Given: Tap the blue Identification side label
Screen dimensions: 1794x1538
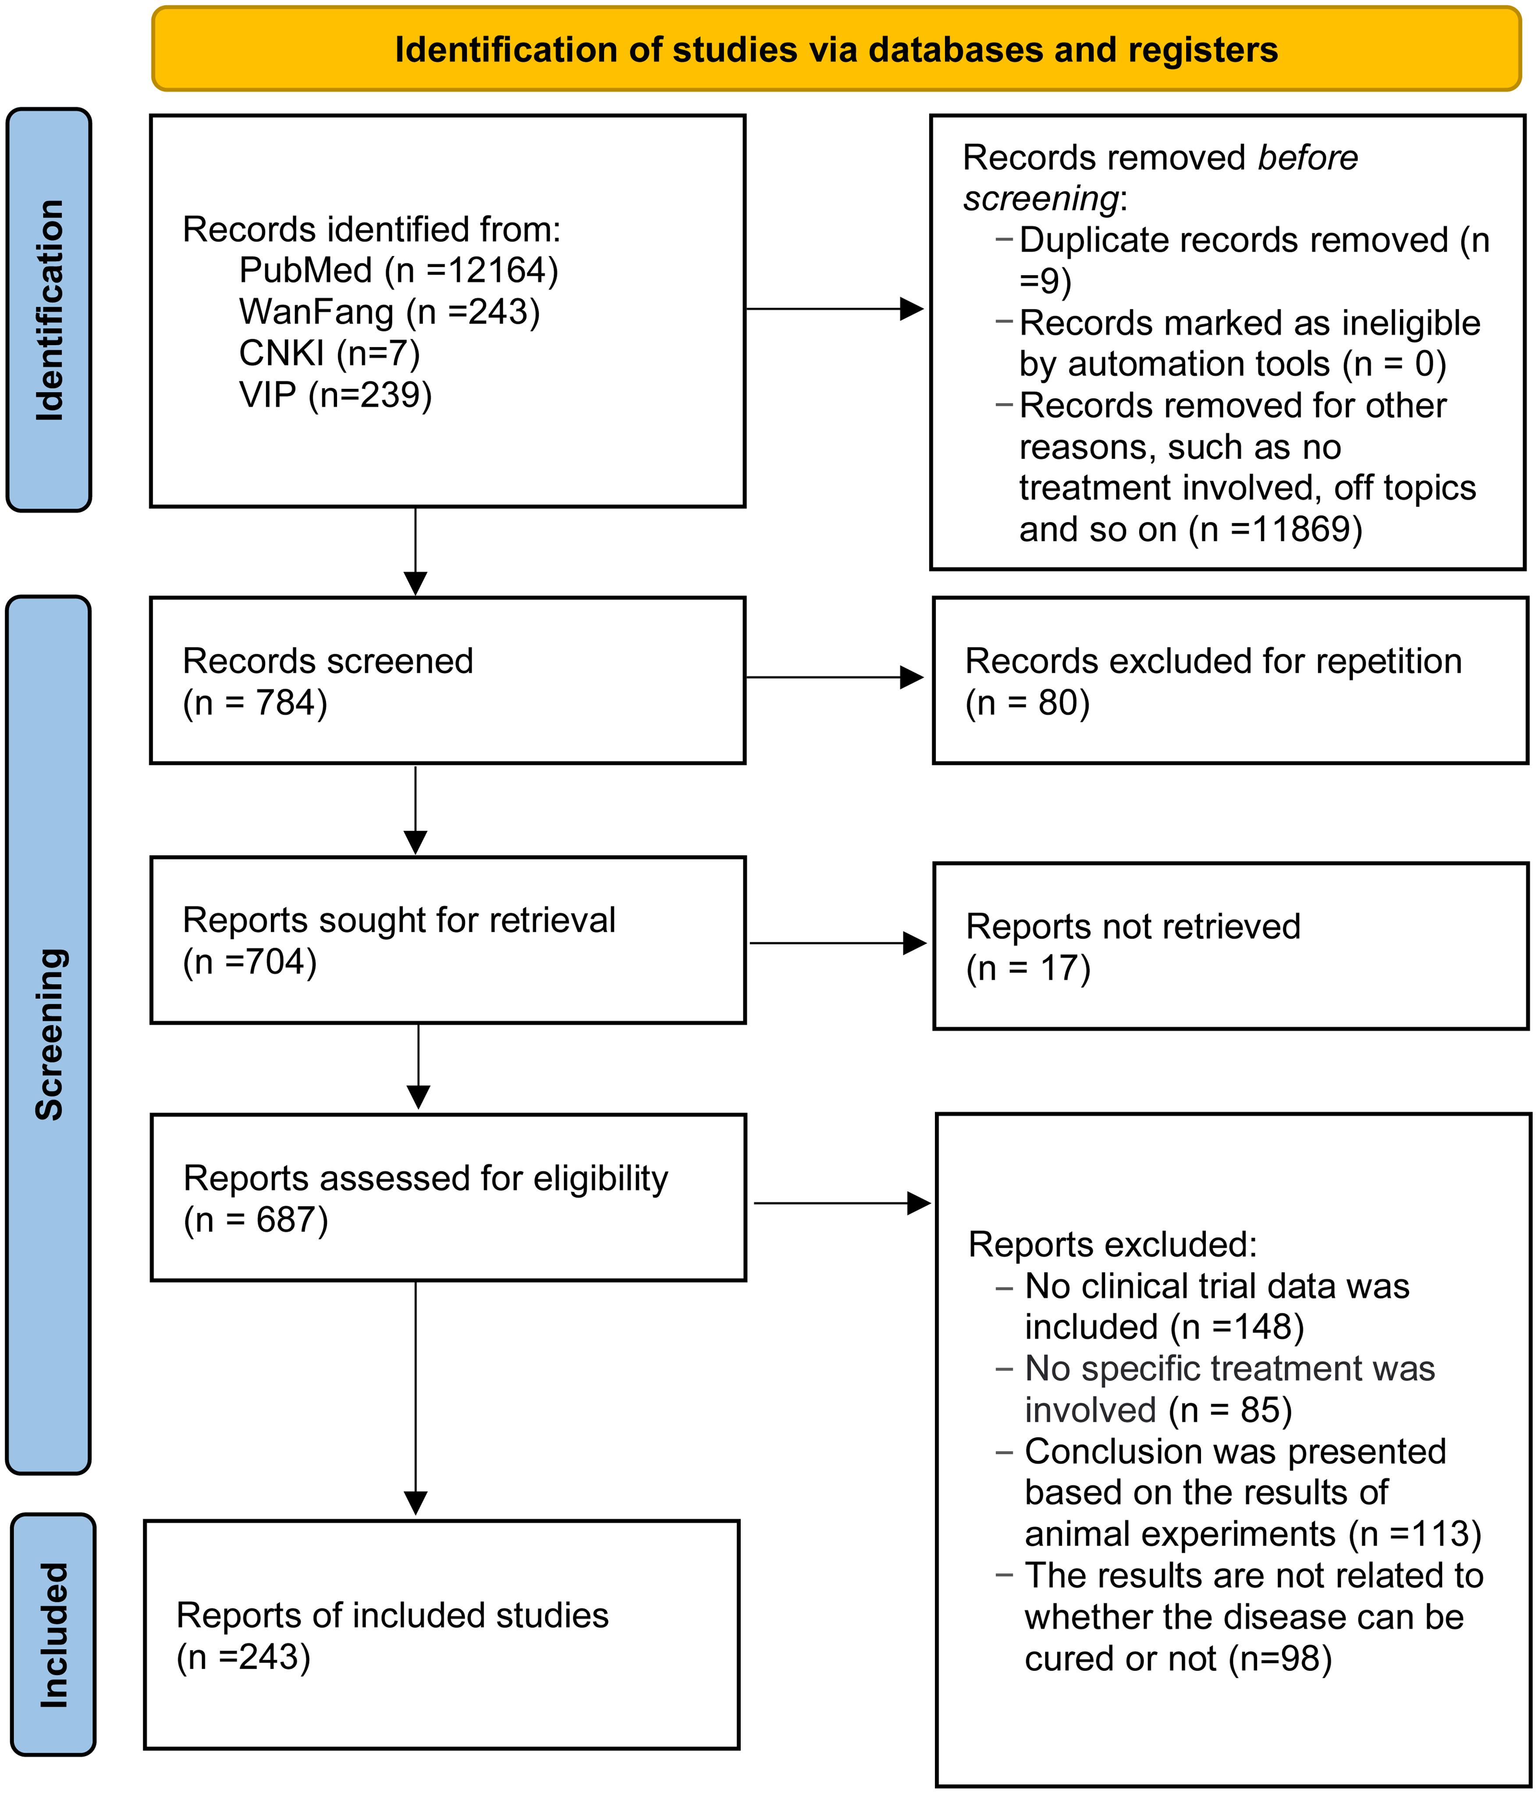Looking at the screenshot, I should click(50, 310).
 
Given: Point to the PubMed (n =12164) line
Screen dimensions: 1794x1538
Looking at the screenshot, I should click(398, 271).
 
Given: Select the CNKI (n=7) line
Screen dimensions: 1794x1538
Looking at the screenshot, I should click(329, 353).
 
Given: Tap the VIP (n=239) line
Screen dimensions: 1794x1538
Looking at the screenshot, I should click(335, 395).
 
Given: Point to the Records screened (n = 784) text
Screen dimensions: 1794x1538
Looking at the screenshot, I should click(327, 682).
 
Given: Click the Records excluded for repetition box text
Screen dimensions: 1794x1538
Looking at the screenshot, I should click(1212, 682).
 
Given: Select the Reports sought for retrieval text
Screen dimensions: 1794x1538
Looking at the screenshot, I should click(398, 940).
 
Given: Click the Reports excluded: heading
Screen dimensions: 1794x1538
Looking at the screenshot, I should click(1112, 1244).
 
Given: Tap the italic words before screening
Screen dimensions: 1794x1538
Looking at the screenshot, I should click(1161, 178).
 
